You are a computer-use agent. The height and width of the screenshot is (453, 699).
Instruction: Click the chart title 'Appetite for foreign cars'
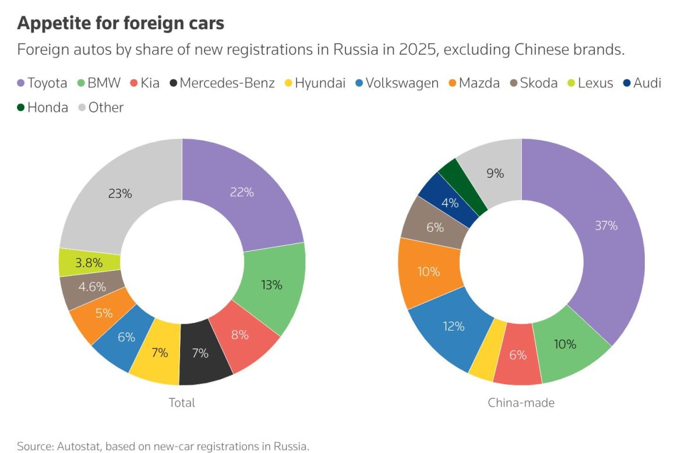[x=121, y=23]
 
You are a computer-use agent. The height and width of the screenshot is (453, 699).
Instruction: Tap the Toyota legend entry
[x=42, y=83]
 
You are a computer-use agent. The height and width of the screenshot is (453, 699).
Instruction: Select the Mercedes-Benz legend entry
[x=222, y=83]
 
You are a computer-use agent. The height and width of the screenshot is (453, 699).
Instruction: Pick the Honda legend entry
[x=43, y=108]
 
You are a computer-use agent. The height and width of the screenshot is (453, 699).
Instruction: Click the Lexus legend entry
[x=590, y=83]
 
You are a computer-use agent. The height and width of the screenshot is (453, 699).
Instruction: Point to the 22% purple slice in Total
[x=241, y=193]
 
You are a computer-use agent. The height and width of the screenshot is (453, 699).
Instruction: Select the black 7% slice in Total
[x=200, y=353]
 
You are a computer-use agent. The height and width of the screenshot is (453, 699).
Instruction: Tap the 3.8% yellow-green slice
[x=89, y=263]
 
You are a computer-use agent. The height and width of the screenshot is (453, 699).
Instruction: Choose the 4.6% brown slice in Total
[x=92, y=286]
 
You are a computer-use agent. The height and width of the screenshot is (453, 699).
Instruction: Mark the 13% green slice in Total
[x=271, y=285]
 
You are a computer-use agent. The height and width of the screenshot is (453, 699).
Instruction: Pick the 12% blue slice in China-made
[x=453, y=327]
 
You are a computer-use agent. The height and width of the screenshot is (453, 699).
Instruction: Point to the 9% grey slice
[x=495, y=173]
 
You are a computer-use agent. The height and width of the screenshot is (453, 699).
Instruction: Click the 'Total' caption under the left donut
[x=182, y=402]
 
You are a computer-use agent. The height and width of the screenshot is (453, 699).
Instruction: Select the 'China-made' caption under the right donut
[x=521, y=402]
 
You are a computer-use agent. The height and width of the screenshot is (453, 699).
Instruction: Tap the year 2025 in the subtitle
[x=418, y=49]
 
